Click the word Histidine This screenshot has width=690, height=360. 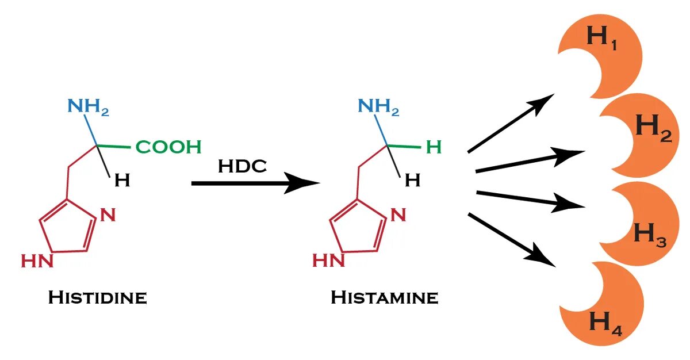point(97,297)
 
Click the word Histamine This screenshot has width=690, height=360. point(384,297)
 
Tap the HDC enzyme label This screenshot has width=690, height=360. point(242,166)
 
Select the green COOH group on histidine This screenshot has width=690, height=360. point(168,147)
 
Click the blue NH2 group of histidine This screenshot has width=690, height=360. point(88,106)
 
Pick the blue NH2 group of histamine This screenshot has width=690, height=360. point(378,106)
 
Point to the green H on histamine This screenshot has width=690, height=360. point(434,148)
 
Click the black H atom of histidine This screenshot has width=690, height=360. point(122,181)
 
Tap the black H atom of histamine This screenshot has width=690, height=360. point(412,181)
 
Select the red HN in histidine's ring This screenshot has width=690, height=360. point(37,261)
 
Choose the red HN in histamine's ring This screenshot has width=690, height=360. point(328,261)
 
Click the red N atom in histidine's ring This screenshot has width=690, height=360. point(108,216)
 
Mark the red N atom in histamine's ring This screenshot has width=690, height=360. point(398,216)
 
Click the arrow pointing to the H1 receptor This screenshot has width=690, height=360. point(509,123)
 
